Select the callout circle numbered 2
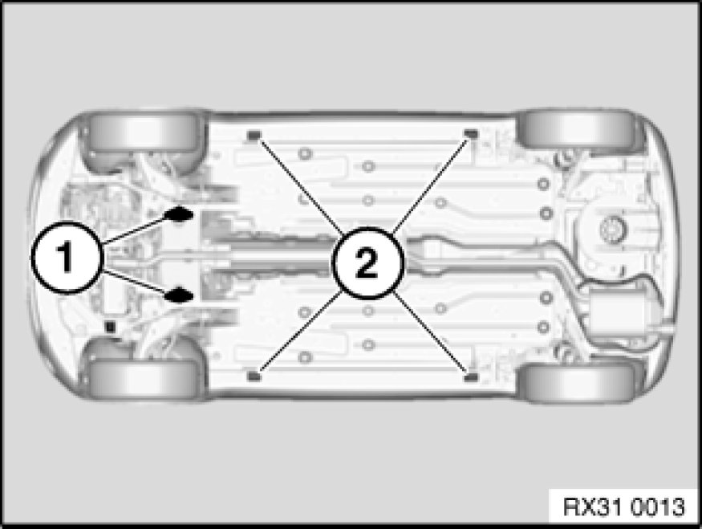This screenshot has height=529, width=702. pos(367,263)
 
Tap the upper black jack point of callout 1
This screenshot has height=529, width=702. pos(179,214)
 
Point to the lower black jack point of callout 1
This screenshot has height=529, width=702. pos(179,295)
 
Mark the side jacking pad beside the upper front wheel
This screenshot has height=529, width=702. pos(254,134)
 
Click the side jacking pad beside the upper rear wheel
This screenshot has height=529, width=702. pos(470,133)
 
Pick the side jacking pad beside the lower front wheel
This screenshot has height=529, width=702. pos(254,376)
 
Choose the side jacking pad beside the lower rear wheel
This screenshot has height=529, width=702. pos(469,377)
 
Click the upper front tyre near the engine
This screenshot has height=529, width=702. pos(142,134)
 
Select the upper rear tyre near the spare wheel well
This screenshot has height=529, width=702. pos(578,130)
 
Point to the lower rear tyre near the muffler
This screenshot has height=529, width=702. pos(578,381)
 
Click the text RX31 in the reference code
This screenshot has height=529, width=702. pos(592,507)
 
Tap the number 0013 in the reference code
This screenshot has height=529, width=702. pos(658,507)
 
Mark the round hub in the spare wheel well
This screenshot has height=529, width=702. pos(611,230)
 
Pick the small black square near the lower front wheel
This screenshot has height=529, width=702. pos(110,327)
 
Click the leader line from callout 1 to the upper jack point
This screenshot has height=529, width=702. pos(137,230)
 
